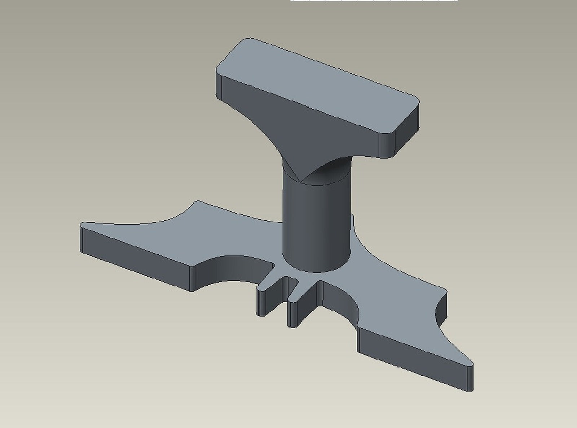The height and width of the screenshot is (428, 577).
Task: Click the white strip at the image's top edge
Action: coord(374,1)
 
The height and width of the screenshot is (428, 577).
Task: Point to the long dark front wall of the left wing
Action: coord(137,260)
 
